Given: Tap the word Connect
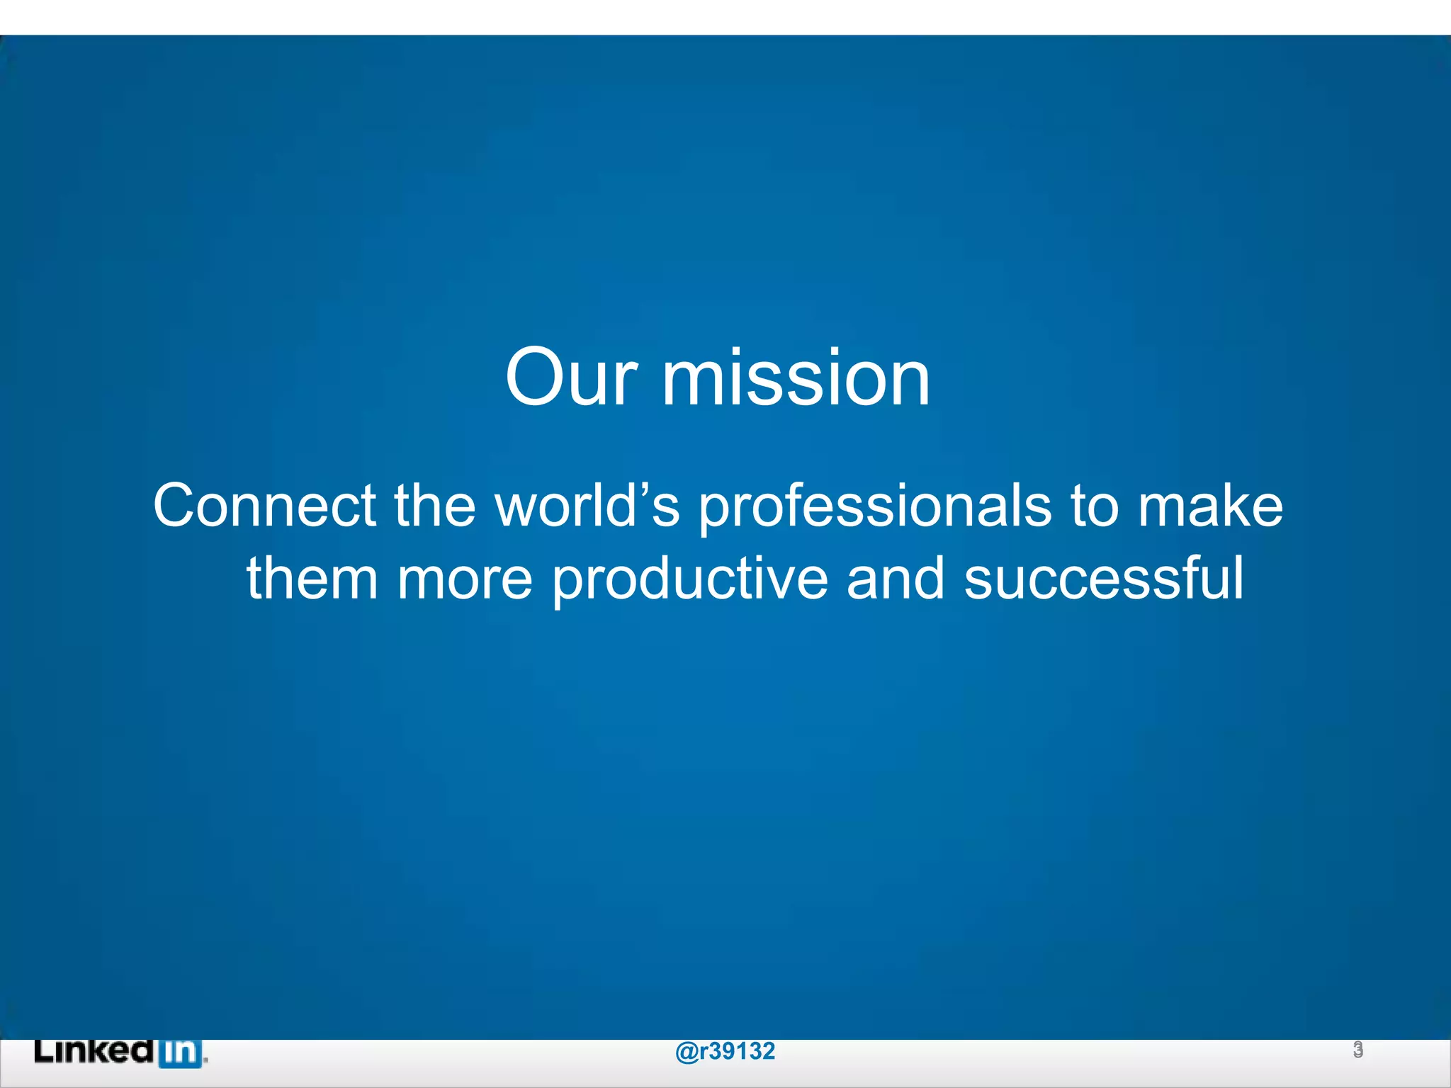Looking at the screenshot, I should coord(264,506).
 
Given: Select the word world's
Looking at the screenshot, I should coord(587,506).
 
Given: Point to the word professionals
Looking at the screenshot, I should coord(875,507).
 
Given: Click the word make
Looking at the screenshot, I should coord(1210,506).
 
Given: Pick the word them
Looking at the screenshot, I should coord(312,579).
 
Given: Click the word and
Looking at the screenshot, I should coord(896,579).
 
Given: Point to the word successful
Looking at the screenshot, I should coord(1103,579).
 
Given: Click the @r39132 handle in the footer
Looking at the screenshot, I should coord(725,1051).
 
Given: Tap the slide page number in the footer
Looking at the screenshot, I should coord(1357,1050).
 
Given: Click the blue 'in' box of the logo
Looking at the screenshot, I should coord(180,1053).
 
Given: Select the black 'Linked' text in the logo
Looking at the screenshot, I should coord(94,1050).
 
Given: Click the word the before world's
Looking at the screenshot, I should coord(434,506).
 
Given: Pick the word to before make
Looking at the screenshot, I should coord(1094,506).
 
